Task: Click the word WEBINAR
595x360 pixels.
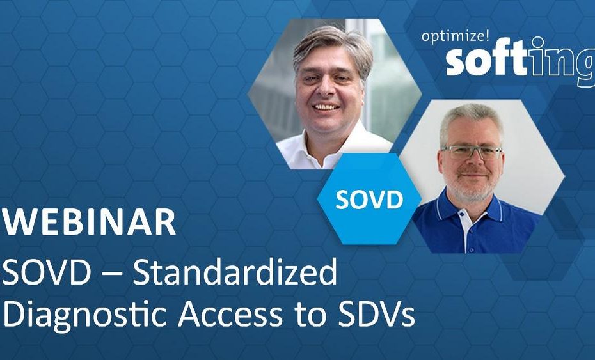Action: click(x=89, y=222)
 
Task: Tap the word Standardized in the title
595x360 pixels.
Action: click(x=235, y=272)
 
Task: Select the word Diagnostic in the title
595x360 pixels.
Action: click(x=85, y=315)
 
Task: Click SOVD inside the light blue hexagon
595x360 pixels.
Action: click(x=369, y=199)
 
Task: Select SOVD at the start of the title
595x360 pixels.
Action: click(x=46, y=272)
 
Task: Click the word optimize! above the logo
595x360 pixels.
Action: click(x=456, y=36)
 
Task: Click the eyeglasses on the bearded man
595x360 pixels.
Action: click(x=472, y=152)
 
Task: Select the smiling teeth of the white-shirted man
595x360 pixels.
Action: click(x=326, y=107)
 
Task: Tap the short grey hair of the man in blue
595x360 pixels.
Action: click(x=470, y=120)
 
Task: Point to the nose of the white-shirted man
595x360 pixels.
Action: click(x=324, y=88)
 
